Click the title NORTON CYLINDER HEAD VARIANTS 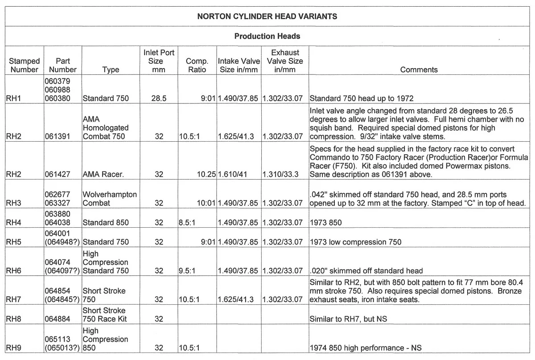pos(267,17)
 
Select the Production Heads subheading pos(267,36)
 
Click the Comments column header pos(419,70)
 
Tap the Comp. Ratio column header pos(197,65)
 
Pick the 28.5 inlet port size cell pos(159,98)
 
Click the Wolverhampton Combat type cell pos(110,199)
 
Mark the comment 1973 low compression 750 pos(355,242)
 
